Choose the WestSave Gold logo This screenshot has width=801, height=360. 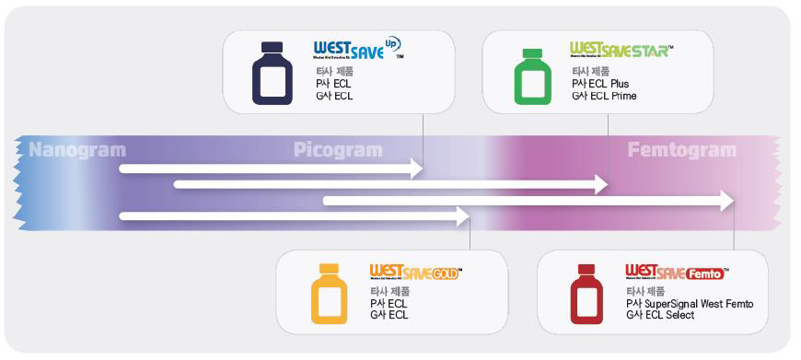pos(414,273)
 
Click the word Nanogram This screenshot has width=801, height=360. pos(77,149)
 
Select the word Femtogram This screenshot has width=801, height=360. pos(682,150)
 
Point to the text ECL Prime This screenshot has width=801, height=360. pos(616,96)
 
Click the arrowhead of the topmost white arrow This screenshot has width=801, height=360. pos(416,168)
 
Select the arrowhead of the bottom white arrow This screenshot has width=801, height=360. pos(462,216)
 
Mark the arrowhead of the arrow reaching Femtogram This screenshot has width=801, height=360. pos(726,200)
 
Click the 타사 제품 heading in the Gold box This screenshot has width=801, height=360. pos(388,291)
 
